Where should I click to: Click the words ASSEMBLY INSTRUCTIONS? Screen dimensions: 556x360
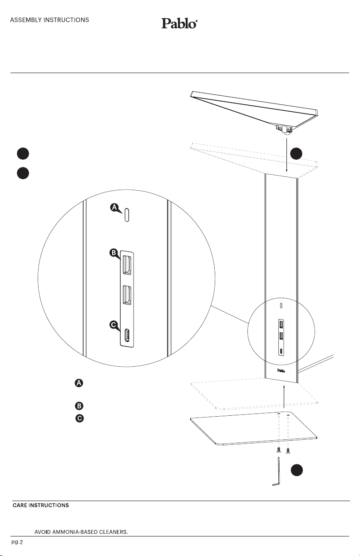[x=49, y=20]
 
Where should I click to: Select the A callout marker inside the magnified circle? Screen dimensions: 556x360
[x=115, y=208]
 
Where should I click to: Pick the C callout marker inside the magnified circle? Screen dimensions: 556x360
[x=114, y=325]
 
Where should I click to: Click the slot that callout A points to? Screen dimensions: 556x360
[x=127, y=215]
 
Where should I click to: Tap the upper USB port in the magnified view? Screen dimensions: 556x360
[x=126, y=265]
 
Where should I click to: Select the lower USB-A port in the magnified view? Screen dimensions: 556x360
[x=126, y=295]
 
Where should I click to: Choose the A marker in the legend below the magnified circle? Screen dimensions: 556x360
[x=79, y=384]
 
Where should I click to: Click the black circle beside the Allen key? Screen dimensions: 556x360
[x=297, y=471]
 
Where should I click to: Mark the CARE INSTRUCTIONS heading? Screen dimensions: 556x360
[x=40, y=505]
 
